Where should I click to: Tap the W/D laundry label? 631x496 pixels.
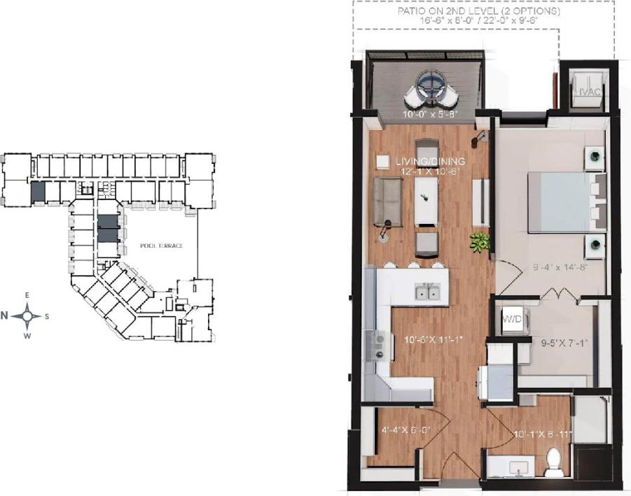pos(511,320)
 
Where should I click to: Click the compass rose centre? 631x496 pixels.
pos(27,316)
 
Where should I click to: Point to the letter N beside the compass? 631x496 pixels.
pos(5,316)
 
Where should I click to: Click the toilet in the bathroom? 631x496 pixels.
pos(553,462)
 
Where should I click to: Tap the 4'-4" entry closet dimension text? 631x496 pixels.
pos(404,431)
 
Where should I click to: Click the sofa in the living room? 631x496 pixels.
pos(387,201)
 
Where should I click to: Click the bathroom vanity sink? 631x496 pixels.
pos(504,465)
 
